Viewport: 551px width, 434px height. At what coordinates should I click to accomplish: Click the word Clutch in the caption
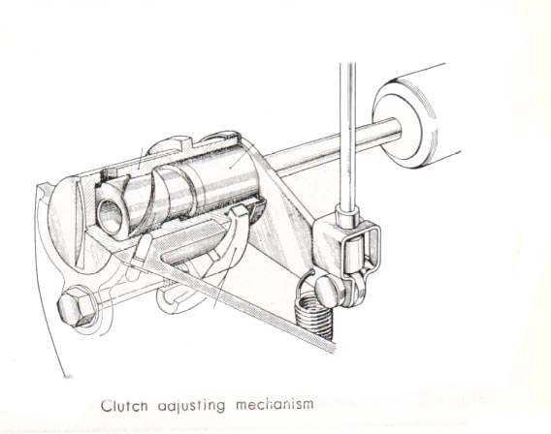(x=124, y=406)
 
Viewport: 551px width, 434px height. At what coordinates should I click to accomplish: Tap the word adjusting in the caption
(x=191, y=406)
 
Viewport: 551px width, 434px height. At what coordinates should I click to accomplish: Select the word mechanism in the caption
(x=275, y=404)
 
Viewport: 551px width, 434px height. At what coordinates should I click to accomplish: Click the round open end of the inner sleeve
(x=110, y=215)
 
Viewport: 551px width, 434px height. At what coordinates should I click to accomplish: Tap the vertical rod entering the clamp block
(x=348, y=135)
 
